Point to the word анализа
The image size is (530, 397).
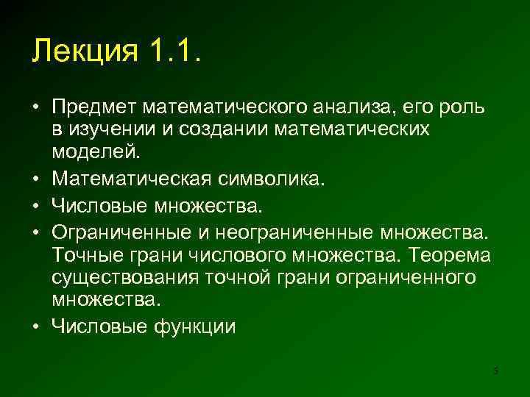pos(353,109)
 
